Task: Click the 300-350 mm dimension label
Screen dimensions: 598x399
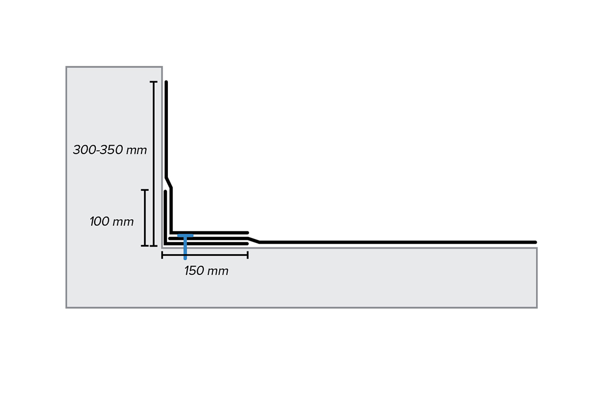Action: pyautogui.click(x=110, y=150)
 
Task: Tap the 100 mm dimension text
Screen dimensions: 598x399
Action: pyautogui.click(x=112, y=222)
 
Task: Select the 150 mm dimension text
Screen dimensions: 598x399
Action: pyautogui.click(x=206, y=271)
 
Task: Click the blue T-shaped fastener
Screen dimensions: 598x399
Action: pyautogui.click(x=185, y=246)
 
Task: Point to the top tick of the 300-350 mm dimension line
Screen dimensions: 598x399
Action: pyautogui.click(x=153, y=82)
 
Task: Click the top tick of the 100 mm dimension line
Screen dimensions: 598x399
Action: pyautogui.click(x=145, y=190)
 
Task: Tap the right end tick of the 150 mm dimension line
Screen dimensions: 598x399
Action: pyautogui.click(x=248, y=255)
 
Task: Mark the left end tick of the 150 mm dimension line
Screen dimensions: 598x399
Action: pyautogui.click(x=162, y=255)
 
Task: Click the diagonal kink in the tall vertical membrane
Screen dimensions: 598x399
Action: pyautogui.click(x=169, y=183)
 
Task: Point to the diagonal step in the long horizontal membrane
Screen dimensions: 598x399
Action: pyautogui.click(x=254, y=240)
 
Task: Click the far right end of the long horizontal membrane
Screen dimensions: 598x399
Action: pyautogui.click(x=535, y=242)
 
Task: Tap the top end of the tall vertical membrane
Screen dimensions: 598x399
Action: pyautogui.click(x=166, y=82)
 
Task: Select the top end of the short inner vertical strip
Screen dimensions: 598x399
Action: pyautogui.click(x=165, y=192)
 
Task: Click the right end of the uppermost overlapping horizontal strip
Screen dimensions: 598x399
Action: pyautogui.click(x=247, y=233)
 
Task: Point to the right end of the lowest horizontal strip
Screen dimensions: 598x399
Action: pyautogui.click(x=247, y=244)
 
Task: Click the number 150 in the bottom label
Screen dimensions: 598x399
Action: pyautogui.click(x=194, y=271)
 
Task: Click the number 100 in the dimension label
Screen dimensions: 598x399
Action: pyautogui.click(x=99, y=222)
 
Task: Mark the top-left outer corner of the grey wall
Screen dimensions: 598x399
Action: pyautogui.click(x=66, y=67)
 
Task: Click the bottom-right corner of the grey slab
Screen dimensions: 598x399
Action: pyautogui.click(x=537, y=308)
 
